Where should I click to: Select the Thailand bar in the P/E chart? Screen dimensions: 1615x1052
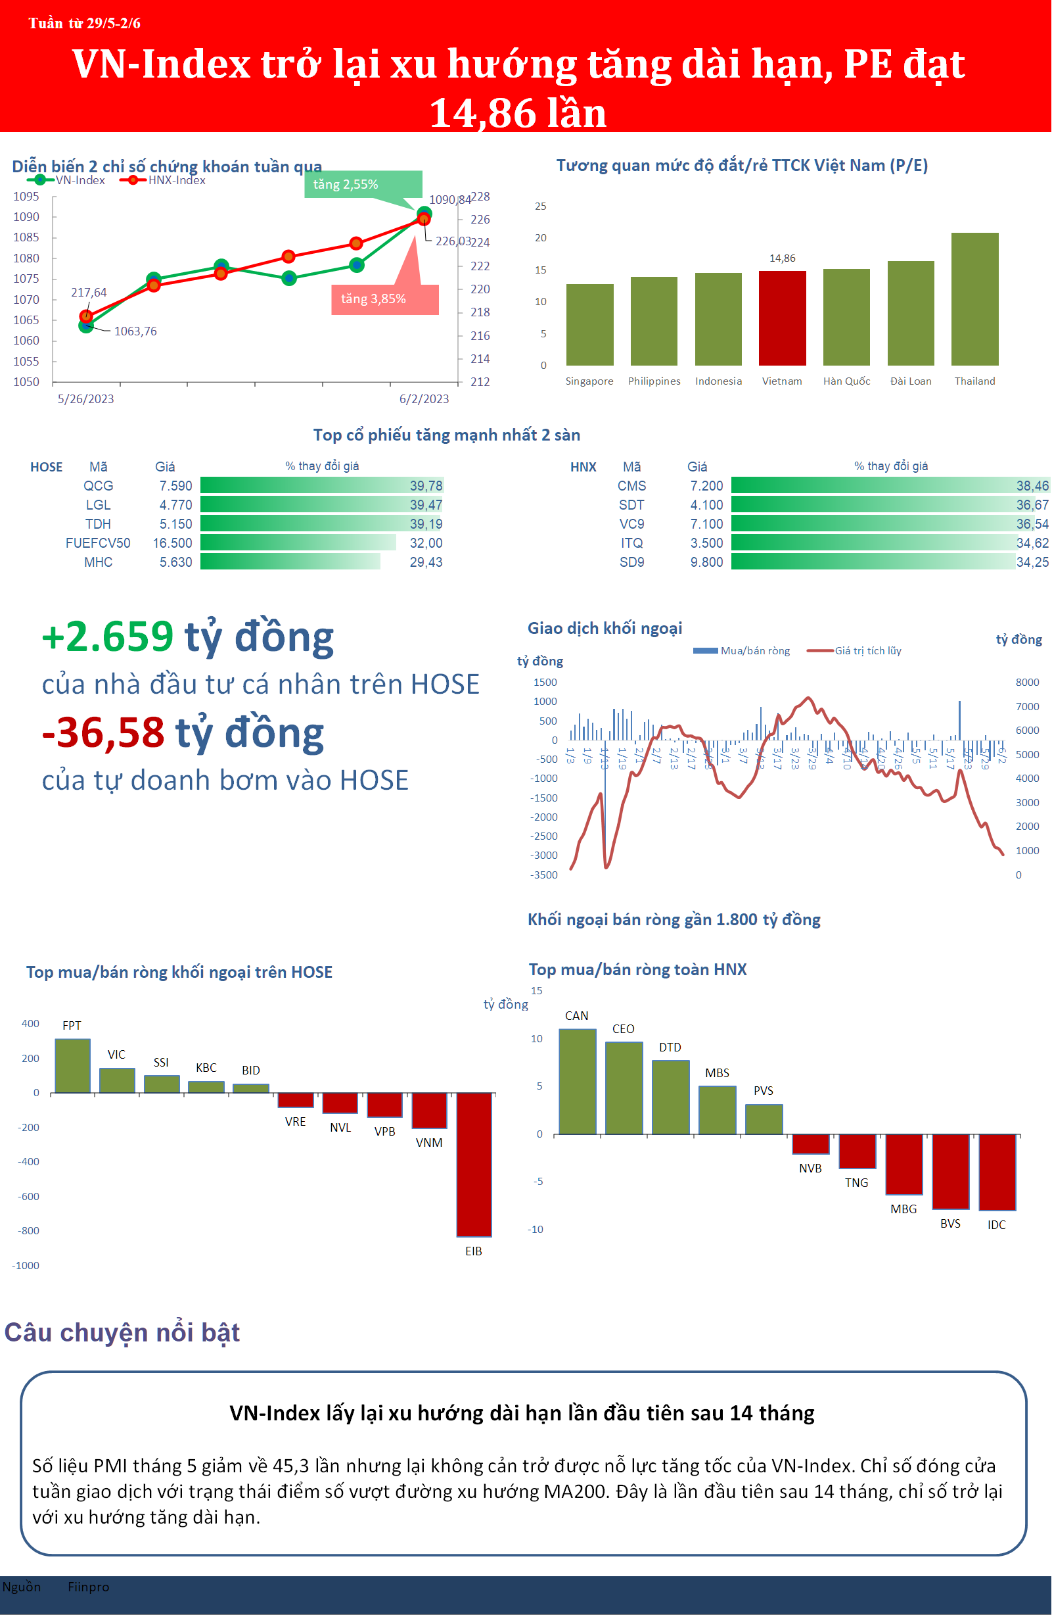tap(974, 299)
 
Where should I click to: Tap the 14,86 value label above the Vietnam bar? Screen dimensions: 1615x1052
tap(782, 258)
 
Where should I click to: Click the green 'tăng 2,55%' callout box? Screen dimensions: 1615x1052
tap(363, 185)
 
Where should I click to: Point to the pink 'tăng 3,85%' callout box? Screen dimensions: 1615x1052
tap(384, 299)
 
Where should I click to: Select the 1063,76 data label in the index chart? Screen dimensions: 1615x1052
tap(135, 331)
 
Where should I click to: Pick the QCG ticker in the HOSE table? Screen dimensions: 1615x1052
tap(99, 486)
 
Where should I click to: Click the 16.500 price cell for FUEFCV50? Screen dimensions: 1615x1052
tap(172, 543)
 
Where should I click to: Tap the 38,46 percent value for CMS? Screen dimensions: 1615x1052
tap(1032, 486)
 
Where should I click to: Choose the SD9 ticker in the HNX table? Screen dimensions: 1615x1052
tap(631, 562)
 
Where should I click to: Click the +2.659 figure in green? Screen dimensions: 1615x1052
tap(108, 637)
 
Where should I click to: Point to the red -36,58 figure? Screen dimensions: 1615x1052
tap(104, 733)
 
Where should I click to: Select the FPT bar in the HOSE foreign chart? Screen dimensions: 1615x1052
tap(72, 1065)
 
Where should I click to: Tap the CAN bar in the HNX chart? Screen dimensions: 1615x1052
tap(577, 1081)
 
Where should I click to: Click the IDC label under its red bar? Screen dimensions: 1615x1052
tap(996, 1225)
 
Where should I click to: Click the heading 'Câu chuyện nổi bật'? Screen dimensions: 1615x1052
tap(122, 1333)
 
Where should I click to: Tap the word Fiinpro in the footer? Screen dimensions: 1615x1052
tap(88, 1587)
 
